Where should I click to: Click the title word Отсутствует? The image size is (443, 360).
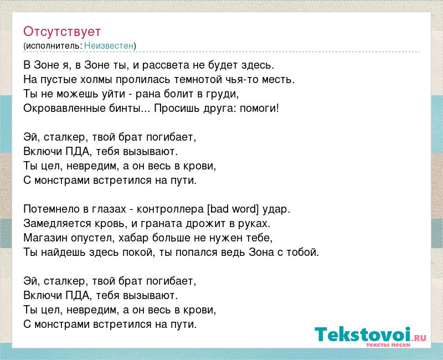pyautogui.click(x=62, y=32)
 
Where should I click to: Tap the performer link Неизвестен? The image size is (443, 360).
pyautogui.click(x=109, y=45)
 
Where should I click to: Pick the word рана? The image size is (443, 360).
pyautogui.click(x=148, y=94)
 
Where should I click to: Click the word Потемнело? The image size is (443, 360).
pyautogui.click(x=51, y=209)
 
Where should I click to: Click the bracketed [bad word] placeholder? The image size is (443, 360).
pyautogui.click(x=233, y=209)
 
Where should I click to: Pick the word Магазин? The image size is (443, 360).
pyautogui.click(x=45, y=238)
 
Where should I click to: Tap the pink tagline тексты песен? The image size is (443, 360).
pyautogui.click(x=388, y=344)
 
